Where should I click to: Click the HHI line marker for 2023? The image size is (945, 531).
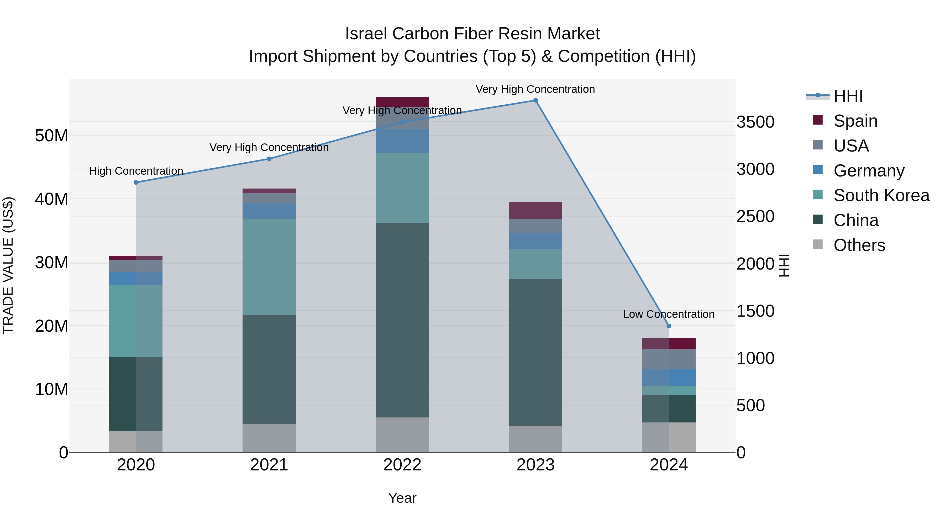535,100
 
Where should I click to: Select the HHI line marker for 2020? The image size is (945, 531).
136,182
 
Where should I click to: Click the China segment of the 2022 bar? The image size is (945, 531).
402,320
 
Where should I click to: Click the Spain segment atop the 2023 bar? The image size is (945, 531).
535,210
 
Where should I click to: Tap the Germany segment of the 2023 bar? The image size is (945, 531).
535,241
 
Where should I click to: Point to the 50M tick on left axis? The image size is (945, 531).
51,136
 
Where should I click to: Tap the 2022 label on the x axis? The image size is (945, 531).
402,465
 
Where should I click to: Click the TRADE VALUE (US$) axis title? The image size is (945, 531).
8,265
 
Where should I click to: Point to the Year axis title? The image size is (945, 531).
402,498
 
